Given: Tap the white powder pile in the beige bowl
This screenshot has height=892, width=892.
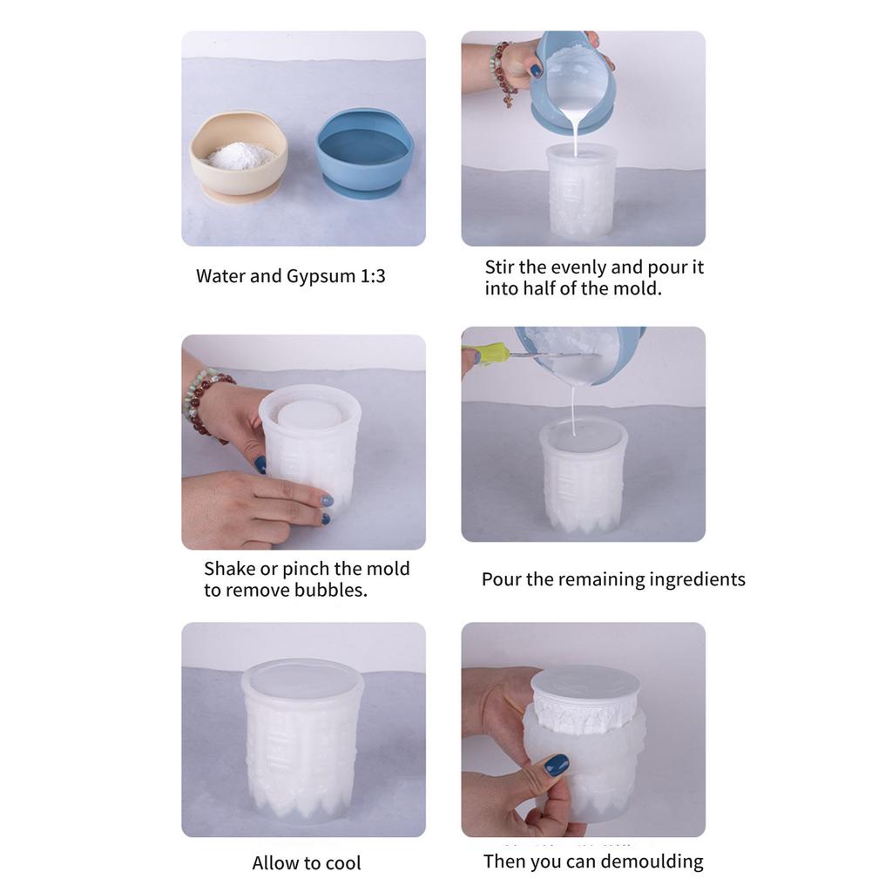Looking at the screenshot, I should click(x=240, y=156).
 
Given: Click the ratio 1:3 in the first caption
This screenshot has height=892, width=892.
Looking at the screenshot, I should click(x=373, y=277).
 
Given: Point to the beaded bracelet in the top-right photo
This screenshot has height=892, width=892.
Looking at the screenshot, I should click(x=502, y=73).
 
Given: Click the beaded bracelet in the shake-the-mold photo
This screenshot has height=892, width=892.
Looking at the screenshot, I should click(x=206, y=401).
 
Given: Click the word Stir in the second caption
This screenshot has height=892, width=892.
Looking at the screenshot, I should click(x=500, y=267).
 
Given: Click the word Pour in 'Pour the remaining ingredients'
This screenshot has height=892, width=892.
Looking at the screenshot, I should click(x=501, y=579).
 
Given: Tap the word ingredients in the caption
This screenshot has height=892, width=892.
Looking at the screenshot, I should click(x=694, y=580).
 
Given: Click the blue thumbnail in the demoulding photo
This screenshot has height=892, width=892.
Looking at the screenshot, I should click(x=556, y=764).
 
